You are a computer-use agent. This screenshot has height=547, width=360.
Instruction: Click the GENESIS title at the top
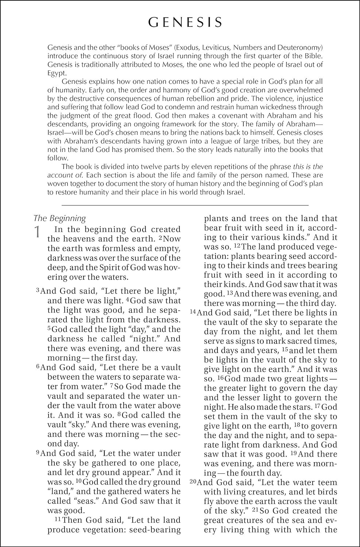coord(185,22)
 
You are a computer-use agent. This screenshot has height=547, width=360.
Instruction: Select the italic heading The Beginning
coord(60,218)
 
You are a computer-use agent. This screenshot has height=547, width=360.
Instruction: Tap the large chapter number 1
coord(37,233)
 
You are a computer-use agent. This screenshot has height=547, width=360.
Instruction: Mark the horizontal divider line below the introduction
coord(185,205)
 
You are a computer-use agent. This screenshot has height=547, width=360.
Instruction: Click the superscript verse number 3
coord(37,291)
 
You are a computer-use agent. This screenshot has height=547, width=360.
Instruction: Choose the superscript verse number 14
coord(193,312)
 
